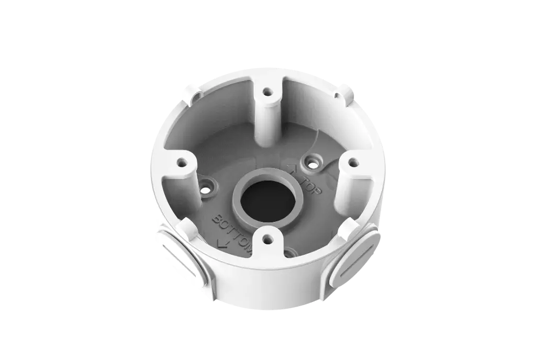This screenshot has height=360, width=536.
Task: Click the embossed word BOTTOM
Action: pyautogui.click(x=232, y=231)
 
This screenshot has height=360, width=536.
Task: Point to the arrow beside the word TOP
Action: pyautogui.click(x=293, y=168)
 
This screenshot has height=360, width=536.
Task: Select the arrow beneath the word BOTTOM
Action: pyautogui.click(x=221, y=242)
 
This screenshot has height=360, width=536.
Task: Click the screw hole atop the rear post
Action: pyautogui.click(x=267, y=93)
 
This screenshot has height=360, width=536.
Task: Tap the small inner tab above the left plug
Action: pyautogui.click(x=186, y=226)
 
